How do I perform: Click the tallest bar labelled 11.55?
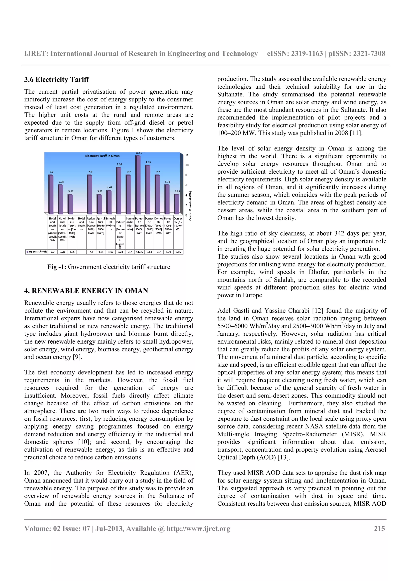pyautogui.click(x=138, y=185)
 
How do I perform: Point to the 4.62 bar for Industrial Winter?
pyautogui.click(x=109, y=202)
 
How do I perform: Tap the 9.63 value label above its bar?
pyautogui.click(x=148, y=162)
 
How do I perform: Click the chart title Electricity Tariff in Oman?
pyautogui.click(x=102, y=156)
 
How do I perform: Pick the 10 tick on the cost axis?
pyautogui.click(x=187, y=165)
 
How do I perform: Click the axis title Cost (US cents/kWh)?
pyautogui.click(x=190, y=205)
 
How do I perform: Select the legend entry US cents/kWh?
pyautogui.click(x=37, y=252)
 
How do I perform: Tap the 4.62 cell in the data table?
pyautogui.click(x=110, y=252)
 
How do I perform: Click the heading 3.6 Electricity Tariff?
pyautogui.click(x=57, y=79)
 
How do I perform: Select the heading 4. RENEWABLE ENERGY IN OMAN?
pyautogui.click(x=86, y=290)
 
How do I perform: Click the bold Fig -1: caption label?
pyautogui.click(x=57, y=267)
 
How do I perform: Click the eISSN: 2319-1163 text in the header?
pyautogui.click(x=295, y=54)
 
